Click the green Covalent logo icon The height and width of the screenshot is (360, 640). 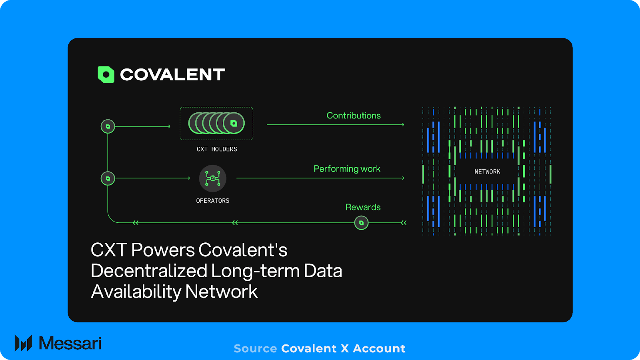[106, 74]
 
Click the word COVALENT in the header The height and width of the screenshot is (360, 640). [172, 75]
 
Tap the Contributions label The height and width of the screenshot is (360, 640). [354, 116]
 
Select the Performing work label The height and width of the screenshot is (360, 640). [347, 169]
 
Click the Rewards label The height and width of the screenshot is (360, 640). [363, 207]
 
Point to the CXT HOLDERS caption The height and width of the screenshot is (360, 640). [217, 149]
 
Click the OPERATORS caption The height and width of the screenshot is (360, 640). [212, 201]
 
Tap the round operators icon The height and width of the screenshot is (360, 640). [212, 178]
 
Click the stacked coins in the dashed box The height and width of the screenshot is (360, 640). [216, 123]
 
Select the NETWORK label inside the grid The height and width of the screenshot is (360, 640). [487, 172]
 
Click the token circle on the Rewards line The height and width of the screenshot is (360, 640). [361, 223]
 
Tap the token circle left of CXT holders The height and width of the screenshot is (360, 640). [108, 126]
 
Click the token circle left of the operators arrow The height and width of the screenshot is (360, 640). [108, 178]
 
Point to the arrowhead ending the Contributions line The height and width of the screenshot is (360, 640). [403, 125]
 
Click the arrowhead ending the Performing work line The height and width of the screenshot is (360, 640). [403, 178]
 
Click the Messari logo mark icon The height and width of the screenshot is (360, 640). [23, 343]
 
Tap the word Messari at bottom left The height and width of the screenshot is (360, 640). [70, 343]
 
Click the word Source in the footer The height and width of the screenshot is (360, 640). [255, 349]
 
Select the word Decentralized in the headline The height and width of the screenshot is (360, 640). [149, 271]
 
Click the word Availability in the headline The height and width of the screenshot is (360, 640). [136, 292]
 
